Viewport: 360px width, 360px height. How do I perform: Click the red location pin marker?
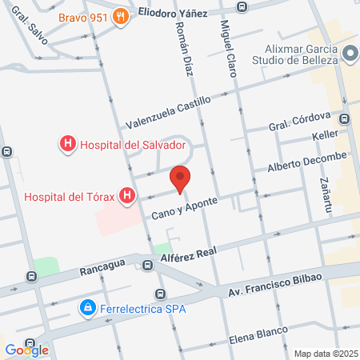pyautogui.click(x=181, y=180)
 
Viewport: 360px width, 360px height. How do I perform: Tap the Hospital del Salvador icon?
pyautogui.click(x=68, y=145)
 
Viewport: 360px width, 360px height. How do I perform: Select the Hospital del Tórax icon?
pyautogui.click(x=126, y=195)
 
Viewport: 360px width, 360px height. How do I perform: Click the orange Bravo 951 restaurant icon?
pyautogui.click(x=121, y=18)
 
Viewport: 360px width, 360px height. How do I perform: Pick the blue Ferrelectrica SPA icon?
pyautogui.click(x=86, y=306)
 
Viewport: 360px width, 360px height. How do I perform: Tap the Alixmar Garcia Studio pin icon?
pyautogui.click(x=350, y=54)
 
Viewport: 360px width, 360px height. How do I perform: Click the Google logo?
pyautogui.click(x=26, y=350)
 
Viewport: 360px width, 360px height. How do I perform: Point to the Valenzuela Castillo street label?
pyautogui.click(x=168, y=113)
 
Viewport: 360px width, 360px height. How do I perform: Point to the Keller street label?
pyautogui.click(x=326, y=137)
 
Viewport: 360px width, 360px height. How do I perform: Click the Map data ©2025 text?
pyautogui.click(x=325, y=354)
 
